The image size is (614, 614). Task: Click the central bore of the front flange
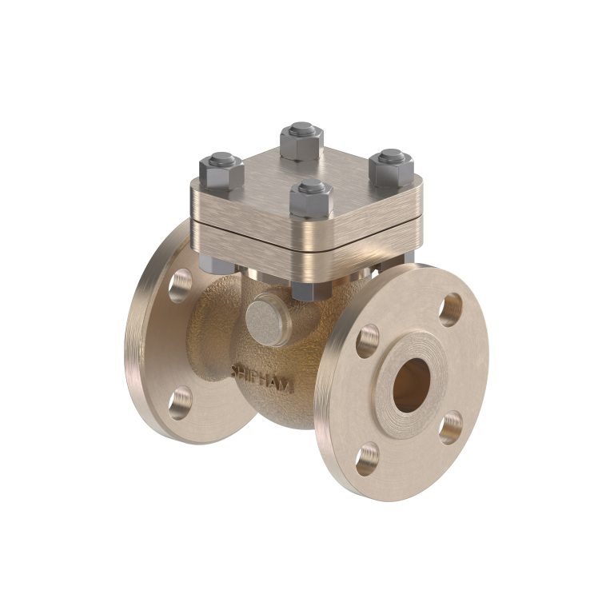(x=411, y=384)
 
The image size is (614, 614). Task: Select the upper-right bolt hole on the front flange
(x=451, y=309)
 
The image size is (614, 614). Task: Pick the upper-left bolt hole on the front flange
(x=369, y=340)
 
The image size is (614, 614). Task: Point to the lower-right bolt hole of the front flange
(x=451, y=427)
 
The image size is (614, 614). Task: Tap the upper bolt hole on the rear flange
(x=181, y=284)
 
